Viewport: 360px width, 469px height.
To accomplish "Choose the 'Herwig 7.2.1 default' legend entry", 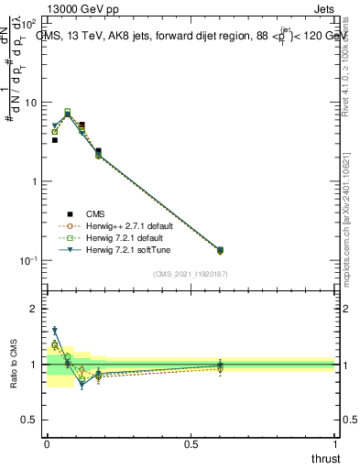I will coord(120,237).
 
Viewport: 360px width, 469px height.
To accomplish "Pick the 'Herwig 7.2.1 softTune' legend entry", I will coord(122,249).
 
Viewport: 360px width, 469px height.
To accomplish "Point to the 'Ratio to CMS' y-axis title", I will coord(14,364).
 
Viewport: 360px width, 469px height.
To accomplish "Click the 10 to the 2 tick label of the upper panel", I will coord(29,23).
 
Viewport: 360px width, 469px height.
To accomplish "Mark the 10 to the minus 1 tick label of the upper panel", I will coord(29,260).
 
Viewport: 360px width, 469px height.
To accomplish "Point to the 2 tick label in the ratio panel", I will coord(35,309).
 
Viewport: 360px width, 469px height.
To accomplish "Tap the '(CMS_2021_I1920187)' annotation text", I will coord(190,272).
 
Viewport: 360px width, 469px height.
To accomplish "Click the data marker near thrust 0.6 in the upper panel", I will coord(219,250).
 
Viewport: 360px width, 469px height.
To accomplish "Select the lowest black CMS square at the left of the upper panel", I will coord(55,140).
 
